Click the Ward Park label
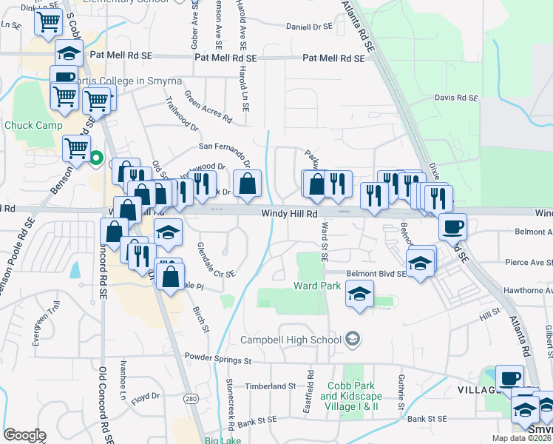[x=317, y=286]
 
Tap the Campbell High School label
[x=292, y=340]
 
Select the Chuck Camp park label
[x=33, y=125]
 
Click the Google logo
[x=24, y=434]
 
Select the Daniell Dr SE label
[x=311, y=26]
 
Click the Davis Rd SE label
[x=456, y=97]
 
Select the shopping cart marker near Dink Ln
[x=48, y=22]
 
